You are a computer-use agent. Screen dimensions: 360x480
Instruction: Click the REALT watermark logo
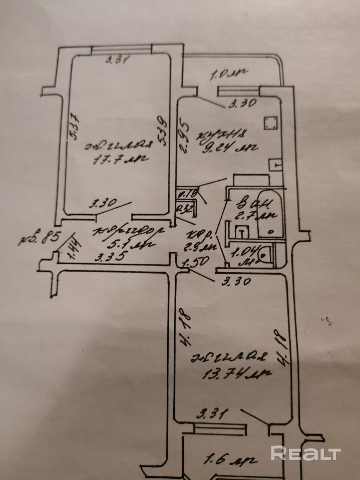(306, 453)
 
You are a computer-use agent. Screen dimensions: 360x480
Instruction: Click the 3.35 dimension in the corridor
(109, 258)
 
